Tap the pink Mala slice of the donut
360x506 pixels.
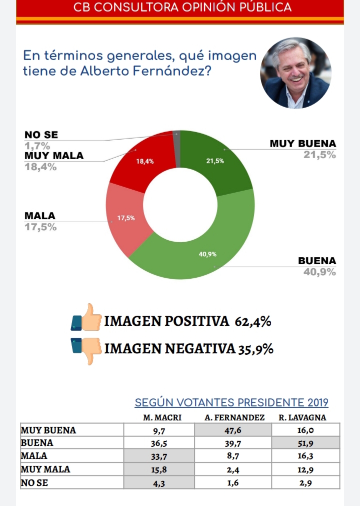click(x=125, y=220)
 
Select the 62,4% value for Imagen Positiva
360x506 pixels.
click(x=253, y=321)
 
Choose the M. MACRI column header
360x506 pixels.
click(x=158, y=417)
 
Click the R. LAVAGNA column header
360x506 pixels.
click(x=302, y=417)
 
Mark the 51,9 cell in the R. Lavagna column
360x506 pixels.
click(x=305, y=443)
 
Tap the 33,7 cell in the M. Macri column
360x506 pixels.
click(x=158, y=456)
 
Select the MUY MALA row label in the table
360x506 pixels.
click(x=45, y=469)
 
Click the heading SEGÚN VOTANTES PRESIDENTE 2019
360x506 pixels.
click(x=231, y=403)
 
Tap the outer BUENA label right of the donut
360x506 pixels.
click(x=317, y=261)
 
